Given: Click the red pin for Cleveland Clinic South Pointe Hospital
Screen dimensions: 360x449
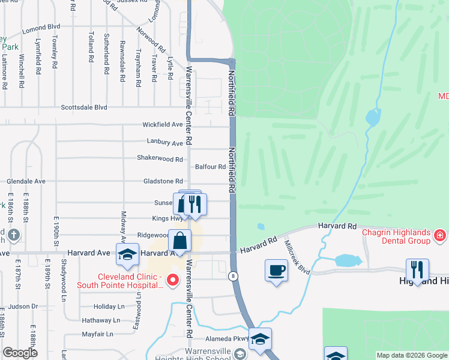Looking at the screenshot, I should click(x=173, y=280).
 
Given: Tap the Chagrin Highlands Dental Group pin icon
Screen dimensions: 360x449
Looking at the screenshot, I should click(x=440, y=235).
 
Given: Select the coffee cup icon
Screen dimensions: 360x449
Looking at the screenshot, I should click(x=276, y=271).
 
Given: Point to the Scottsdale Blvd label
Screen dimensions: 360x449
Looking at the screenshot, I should click(x=84, y=107).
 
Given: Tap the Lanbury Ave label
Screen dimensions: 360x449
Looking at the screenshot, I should click(x=164, y=143).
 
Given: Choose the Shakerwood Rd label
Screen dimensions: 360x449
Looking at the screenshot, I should click(x=160, y=159).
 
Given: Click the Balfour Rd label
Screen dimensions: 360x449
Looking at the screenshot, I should click(x=210, y=167).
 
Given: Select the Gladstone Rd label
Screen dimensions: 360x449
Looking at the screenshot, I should click(x=163, y=181).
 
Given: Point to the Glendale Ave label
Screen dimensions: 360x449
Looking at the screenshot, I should click(x=26, y=181).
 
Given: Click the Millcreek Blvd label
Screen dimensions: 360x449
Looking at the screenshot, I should click(x=297, y=258).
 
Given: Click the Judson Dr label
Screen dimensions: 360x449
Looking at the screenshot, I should click(x=23, y=306).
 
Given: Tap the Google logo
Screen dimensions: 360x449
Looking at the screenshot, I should click(x=20, y=353).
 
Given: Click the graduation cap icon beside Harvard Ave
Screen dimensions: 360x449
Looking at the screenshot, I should click(x=127, y=254).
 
